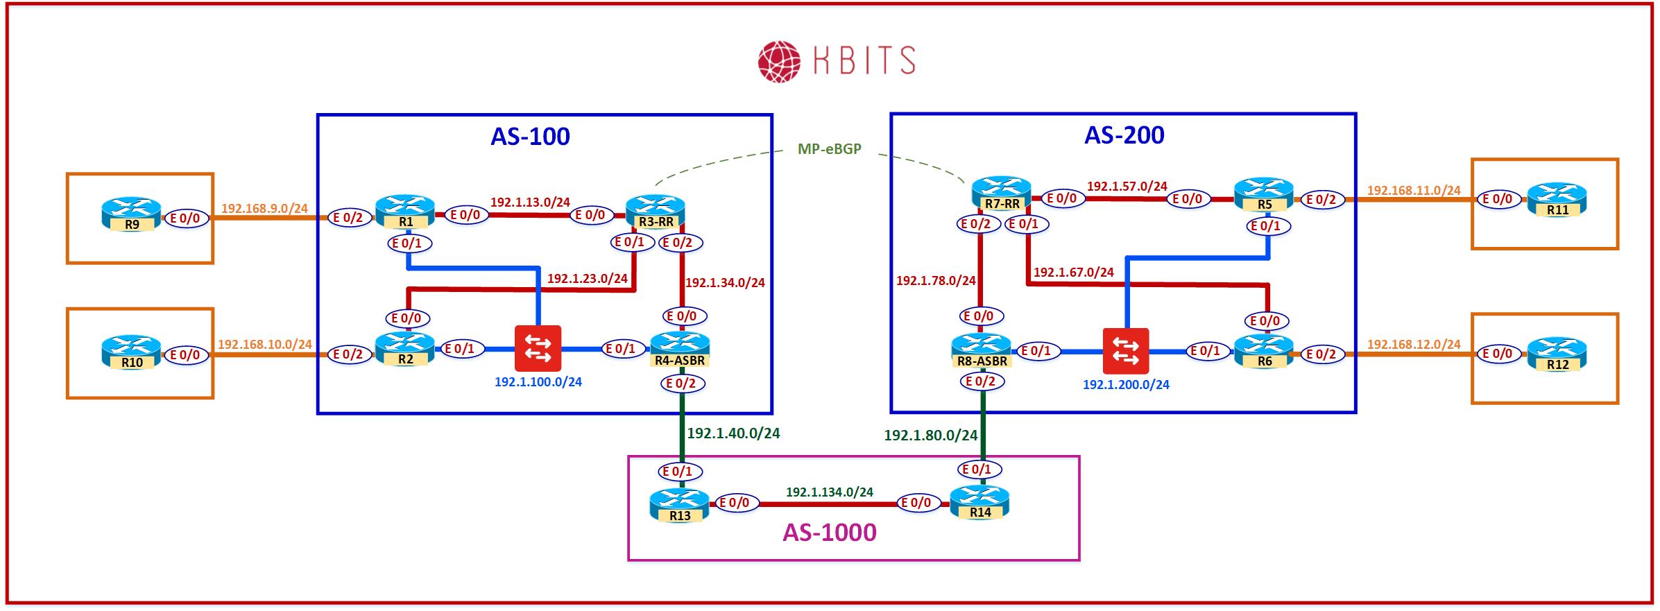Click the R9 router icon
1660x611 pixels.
[x=131, y=214]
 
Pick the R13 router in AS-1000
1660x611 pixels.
[x=679, y=506]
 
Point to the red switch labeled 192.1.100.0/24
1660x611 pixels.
[x=538, y=348]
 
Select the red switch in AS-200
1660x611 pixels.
[x=1125, y=351]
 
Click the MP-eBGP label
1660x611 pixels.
[x=830, y=148]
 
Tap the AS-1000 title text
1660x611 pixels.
[x=829, y=532]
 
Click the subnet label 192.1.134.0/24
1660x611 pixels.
[x=829, y=492]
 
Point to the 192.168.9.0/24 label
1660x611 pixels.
[x=264, y=208]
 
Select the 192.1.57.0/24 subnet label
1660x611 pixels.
[x=1127, y=186]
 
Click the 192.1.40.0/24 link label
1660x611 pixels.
[x=733, y=433]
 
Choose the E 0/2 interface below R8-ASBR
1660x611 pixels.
[x=982, y=381]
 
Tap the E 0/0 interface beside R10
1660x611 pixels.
[x=185, y=355]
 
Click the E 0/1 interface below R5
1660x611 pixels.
[x=1269, y=226]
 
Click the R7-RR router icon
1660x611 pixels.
[x=1001, y=193]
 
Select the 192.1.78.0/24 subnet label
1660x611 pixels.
[x=936, y=281]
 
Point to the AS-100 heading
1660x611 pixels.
[x=530, y=136]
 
